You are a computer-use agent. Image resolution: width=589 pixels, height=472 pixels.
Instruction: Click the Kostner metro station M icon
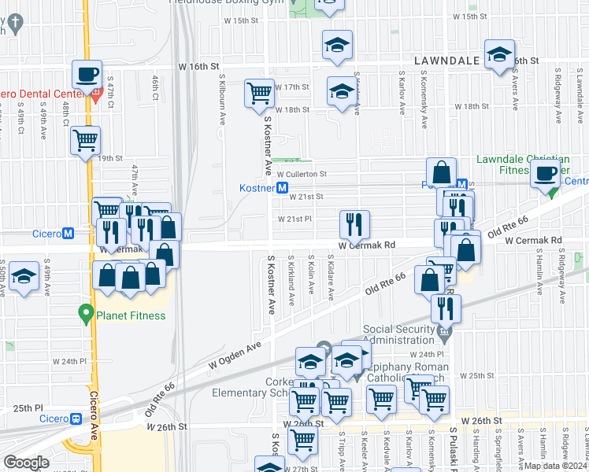[x=281, y=188]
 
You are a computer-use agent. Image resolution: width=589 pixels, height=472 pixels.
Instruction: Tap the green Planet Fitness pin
[x=87, y=315]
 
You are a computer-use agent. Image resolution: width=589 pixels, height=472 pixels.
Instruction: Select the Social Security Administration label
[x=398, y=334]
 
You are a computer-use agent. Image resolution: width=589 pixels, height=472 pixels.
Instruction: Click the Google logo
[x=26, y=463]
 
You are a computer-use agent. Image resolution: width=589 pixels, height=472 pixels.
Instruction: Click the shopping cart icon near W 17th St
[x=259, y=92]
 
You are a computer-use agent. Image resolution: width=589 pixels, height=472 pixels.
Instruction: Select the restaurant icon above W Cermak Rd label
[x=354, y=224]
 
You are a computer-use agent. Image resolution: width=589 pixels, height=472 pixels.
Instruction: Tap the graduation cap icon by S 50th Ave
[x=24, y=276]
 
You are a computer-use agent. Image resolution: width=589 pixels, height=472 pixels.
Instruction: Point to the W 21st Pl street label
[x=294, y=219]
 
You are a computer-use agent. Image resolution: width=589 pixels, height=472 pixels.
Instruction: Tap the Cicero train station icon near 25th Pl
[x=76, y=419]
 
